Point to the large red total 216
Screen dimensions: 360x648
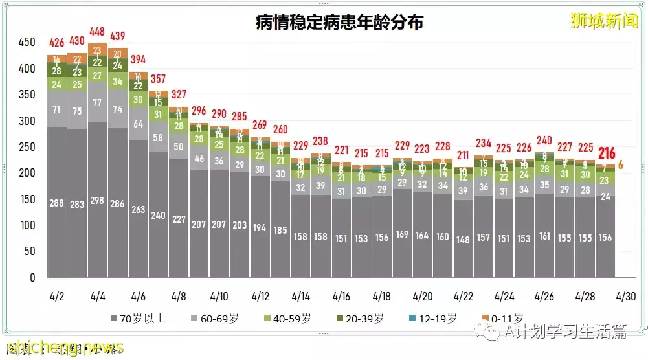point(606,153)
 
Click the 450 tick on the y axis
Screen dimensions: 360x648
point(27,42)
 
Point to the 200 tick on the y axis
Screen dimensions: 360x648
point(27,173)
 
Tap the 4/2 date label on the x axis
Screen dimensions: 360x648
point(57,297)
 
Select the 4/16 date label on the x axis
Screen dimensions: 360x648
point(341,297)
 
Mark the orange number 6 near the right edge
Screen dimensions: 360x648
point(621,164)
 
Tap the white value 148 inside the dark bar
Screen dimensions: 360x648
point(464,238)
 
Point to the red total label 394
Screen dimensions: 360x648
point(138,60)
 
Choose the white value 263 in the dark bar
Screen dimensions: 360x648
point(138,208)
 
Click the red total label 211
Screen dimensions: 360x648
point(464,155)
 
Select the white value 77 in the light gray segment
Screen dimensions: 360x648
point(97,102)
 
